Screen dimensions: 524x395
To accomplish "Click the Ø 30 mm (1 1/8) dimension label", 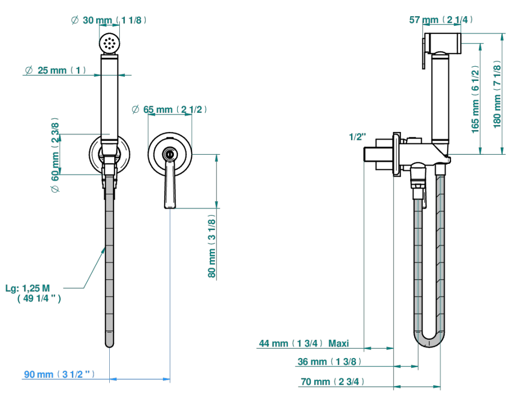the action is click(109, 20).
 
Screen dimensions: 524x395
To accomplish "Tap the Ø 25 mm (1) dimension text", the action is click(56, 70).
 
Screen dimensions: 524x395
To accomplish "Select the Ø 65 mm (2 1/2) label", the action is click(169, 109).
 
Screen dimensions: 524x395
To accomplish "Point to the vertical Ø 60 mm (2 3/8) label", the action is click(55, 155).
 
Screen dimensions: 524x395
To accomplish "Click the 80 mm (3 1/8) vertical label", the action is click(211, 246).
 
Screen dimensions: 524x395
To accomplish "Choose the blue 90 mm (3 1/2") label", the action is click(59, 374).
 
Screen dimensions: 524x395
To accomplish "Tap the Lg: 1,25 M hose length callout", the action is click(33, 293).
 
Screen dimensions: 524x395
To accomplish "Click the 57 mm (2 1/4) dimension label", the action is click(441, 20).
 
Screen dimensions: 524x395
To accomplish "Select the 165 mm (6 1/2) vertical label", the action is click(475, 99).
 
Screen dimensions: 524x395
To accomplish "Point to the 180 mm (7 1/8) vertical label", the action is click(497, 94).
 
